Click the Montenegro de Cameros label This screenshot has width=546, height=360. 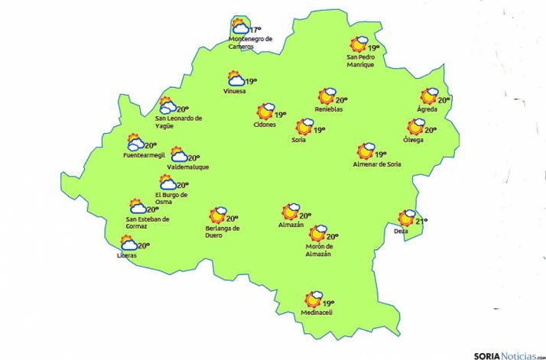(x=250, y=43)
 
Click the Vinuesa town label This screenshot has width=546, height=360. (x=235, y=92)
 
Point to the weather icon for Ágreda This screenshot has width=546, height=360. (x=430, y=96)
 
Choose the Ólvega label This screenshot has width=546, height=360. (x=413, y=140)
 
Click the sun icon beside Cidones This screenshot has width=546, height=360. (x=265, y=112)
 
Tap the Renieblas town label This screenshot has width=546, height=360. (x=329, y=109)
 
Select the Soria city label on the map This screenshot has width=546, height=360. (x=299, y=140)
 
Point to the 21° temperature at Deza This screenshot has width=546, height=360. (x=421, y=221)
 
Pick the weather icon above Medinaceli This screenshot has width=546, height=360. (x=314, y=300)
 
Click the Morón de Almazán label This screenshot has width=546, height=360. (x=318, y=250)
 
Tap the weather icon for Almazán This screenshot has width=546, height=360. (x=290, y=212)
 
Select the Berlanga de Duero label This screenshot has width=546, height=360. (x=223, y=232)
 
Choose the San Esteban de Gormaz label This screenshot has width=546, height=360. (x=148, y=222)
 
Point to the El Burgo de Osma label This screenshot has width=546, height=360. (x=171, y=198)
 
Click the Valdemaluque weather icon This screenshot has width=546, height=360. (x=178, y=155)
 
